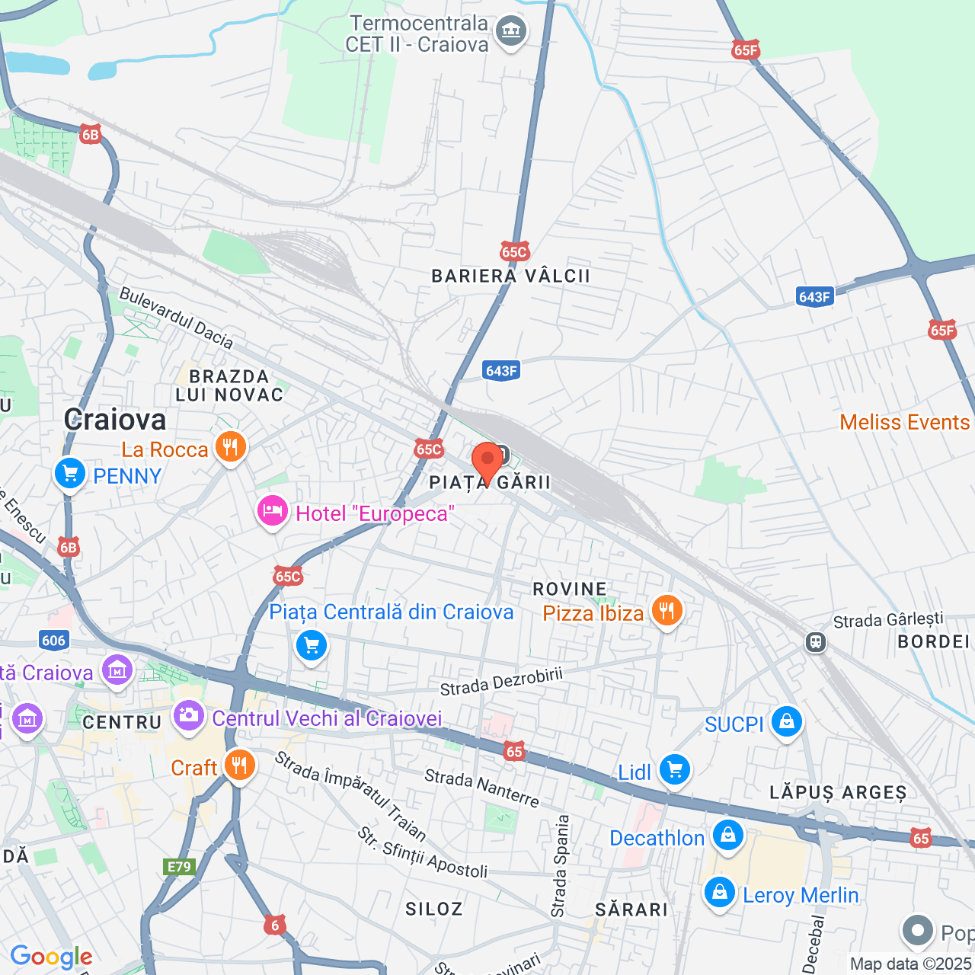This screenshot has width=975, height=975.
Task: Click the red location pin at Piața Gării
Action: (x=487, y=459)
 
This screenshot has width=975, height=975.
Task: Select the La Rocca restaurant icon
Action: (x=231, y=446)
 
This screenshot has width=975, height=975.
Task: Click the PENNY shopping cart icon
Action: (x=70, y=474)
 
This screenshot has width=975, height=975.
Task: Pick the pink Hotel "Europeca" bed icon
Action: (x=272, y=511)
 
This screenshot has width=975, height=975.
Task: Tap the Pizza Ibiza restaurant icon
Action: (x=667, y=611)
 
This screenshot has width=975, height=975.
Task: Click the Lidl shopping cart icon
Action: (x=674, y=769)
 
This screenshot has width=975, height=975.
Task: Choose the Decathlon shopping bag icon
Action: (x=728, y=836)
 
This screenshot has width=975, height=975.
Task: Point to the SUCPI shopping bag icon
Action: (x=787, y=721)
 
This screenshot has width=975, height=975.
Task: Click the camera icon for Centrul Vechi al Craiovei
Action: (x=188, y=715)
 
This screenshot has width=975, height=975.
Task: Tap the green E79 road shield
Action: (x=179, y=867)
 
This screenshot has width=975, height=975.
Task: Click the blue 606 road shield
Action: (x=53, y=640)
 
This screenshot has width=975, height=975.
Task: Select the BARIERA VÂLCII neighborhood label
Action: (x=510, y=277)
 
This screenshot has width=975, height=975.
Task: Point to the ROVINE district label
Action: (x=570, y=589)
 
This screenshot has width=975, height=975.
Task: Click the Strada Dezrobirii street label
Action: (x=501, y=681)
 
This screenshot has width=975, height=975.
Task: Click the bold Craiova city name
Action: (x=115, y=420)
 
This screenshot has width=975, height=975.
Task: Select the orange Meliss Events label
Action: (x=904, y=422)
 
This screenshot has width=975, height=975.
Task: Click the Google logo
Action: (x=51, y=957)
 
